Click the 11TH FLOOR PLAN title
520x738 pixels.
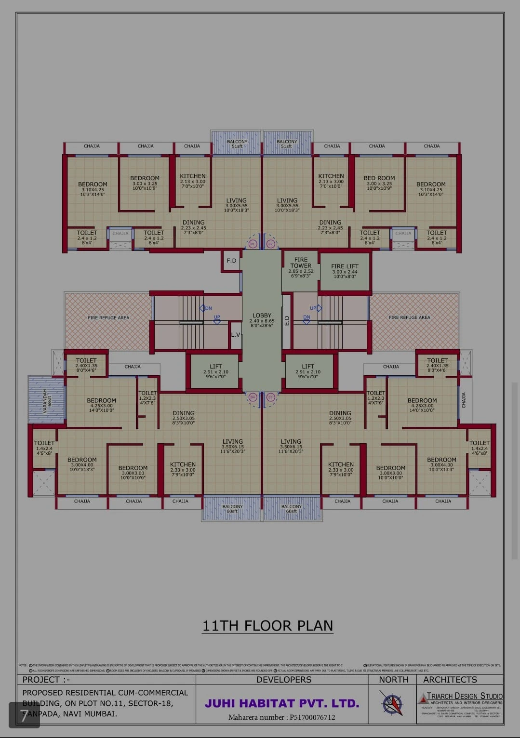point(267,626)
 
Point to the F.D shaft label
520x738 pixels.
point(232,261)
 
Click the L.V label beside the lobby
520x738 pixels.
point(236,334)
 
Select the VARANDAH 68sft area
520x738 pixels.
point(46,400)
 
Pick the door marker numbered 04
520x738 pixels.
point(253,397)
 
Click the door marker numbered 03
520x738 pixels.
point(270,397)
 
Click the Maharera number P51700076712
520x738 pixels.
point(282,717)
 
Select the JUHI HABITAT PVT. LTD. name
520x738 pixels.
point(282,703)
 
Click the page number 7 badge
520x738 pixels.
point(24,715)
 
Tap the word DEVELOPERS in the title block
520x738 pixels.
point(283,680)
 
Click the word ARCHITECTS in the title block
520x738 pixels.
point(450,680)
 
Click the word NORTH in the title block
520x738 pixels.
point(393,680)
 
